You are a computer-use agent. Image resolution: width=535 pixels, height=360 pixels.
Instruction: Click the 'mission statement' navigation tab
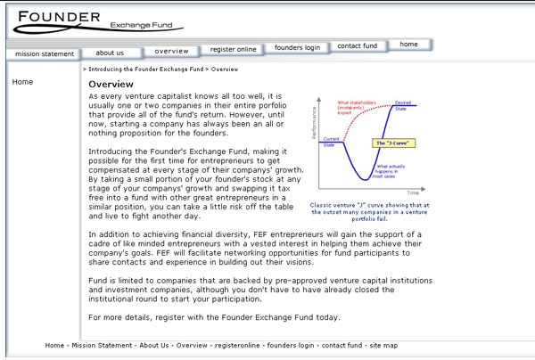tap(45, 54)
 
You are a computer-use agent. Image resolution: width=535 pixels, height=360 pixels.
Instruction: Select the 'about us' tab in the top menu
tap(110, 53)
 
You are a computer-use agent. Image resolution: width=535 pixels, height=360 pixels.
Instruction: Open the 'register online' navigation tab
tap(234, 49)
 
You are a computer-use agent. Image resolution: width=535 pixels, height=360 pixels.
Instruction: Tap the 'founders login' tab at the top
tap(297, 47)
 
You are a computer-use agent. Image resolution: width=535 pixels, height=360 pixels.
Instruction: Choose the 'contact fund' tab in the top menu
tap(357, 46)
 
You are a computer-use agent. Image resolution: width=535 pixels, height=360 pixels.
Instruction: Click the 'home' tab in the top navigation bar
tap(408, 44)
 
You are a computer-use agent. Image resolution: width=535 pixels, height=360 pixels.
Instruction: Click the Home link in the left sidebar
tap(22, 82)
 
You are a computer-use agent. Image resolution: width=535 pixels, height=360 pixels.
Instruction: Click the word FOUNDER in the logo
tap(58, 17)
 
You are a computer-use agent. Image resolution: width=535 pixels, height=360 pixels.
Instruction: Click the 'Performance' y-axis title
tap(314, 125)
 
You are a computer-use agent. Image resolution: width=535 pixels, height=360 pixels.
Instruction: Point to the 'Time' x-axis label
tap(413, 192)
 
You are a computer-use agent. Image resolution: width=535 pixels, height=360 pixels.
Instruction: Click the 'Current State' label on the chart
tap(330, 142)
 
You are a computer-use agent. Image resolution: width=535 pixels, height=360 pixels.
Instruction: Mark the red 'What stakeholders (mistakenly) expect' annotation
tap(356, 110)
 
